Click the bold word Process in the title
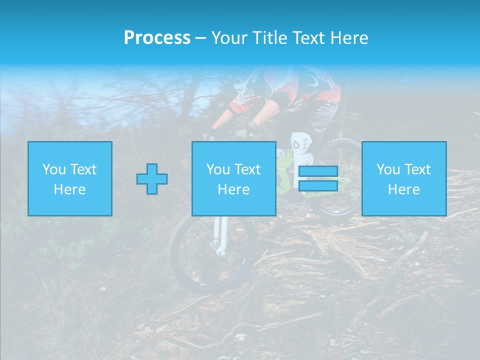click(x=157, y=38)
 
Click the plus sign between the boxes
click(x=152, y=179)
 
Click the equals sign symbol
click(x=318, y=178)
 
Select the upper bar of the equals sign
click(x=318, y=171)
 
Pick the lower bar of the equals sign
click(x=318, y=185)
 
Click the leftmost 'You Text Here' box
click(x=70, y=178)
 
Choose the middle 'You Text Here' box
click(x=234, y=178)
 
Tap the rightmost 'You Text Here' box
click(x=404, y=178)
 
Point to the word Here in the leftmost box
click(x=70, y=189)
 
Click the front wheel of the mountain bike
click(x=212, y=255)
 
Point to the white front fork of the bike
click(x=219, y=235)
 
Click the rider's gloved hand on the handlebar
click(x=242, y=133)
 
